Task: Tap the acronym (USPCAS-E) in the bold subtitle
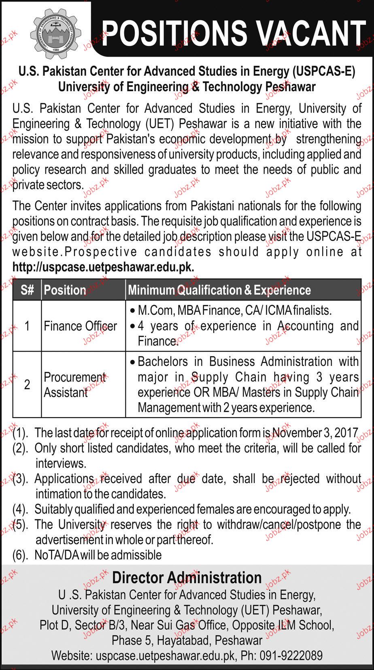tap(323, 72)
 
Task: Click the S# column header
tap(27, 290)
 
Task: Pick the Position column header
tap(65, 290)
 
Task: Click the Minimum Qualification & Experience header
tap(219, 290)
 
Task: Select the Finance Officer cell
tap(80, 326)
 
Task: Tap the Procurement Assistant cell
tap(74, 385)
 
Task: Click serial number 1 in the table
tap(27, 326)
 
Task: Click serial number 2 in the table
tap(27, 385)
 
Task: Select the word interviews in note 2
tap(60, 463)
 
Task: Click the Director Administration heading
tap(187, 578)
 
